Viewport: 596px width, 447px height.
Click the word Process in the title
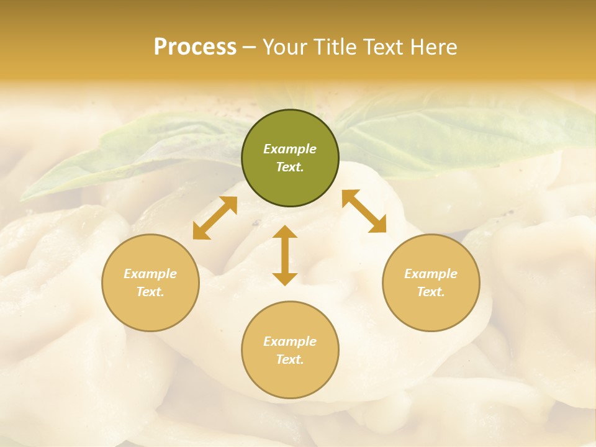coord(195,47)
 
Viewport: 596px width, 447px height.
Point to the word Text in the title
coord(383,47)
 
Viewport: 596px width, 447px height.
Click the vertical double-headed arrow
coord(285,256)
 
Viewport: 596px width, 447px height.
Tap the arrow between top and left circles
coord(215,218)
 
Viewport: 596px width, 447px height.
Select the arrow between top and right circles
coord(364,211)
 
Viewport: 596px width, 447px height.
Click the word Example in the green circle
coord(290,149)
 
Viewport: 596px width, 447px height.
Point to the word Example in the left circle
coord(150,274)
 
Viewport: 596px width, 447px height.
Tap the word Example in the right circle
coord(431,274)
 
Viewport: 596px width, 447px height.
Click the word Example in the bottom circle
coord(290,341)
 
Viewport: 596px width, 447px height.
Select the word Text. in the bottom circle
coord(290,359)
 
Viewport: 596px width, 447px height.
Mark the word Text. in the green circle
coord(290,167)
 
